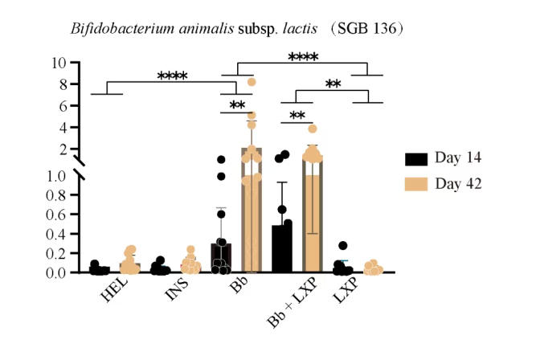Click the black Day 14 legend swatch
[415, 157]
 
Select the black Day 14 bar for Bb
[221, 258]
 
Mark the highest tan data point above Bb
[252, 81]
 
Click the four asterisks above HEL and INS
[172, 77]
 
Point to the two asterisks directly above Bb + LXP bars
[297, 116]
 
